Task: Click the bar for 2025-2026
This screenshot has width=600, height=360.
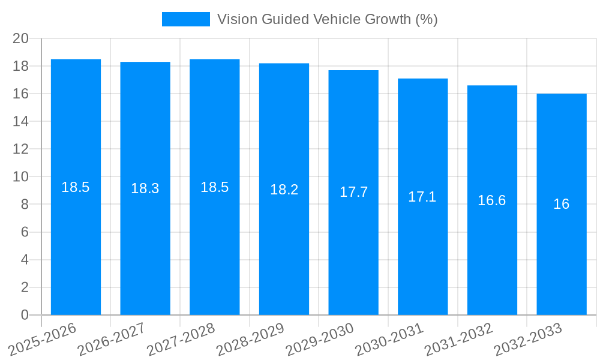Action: pyautogui.click(x=76, y=240)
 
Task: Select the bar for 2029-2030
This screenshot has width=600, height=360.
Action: pyautogui.click(x=353, y=252)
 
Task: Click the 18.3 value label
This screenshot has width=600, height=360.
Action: pyautogui.click(x=145, y=188)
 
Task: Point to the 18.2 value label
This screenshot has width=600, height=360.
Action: pyautogui.click(x=284, y=190)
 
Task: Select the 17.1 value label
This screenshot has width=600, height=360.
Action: pyautogui.click(x=422, y=197)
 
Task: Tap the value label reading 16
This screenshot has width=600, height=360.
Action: pyautogui.click(x=562, y=204)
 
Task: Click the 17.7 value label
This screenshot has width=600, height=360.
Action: pyautogui.click(x=353, y=192)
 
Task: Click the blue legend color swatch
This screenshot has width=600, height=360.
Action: pyautogui.click(x=186, y=19)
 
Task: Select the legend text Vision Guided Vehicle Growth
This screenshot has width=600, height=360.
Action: pyautogui.click(x=327, y=19)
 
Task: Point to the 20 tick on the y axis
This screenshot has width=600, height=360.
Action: pyautogui.click(x=21, y=38)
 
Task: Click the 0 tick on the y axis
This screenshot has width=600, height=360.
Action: pyautogui.click(x=25, y=315)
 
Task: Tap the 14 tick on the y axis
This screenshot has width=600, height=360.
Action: pyautogui.click(x=21, y=121)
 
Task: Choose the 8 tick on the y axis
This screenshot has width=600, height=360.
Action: pyautogui.click(x=25, y=205)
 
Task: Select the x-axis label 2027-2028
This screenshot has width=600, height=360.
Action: pyautogui.click(x=181, y=338)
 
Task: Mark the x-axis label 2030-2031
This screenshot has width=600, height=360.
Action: pyautogui.click(x=389, y=338)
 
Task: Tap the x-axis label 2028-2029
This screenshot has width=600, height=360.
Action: pyautogui.click(x=251, y=338)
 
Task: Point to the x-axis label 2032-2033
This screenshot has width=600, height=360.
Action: pyautogui.click(x=528, y=338)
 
